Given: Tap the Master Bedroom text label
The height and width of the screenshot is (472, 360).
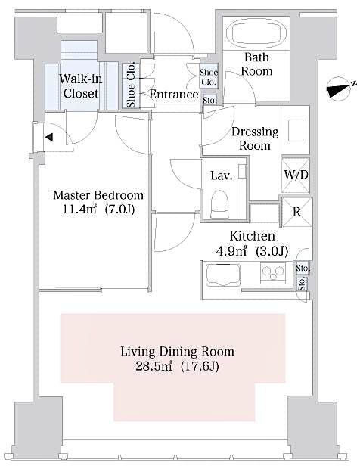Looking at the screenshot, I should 98,195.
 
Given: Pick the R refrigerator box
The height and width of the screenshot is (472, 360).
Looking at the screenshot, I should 296,211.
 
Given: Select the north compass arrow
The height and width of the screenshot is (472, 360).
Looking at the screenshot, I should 338,88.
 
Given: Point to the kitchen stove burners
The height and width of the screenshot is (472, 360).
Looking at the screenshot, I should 271,275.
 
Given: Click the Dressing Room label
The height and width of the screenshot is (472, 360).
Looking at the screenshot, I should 254,138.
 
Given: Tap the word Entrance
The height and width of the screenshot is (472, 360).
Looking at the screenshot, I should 174,95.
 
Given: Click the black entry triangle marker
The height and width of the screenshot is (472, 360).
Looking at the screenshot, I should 48,138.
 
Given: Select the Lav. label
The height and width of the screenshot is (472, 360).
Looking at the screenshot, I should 220,175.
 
